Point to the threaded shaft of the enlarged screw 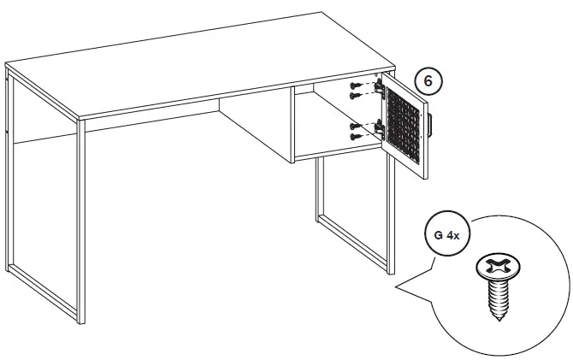tap(497, 299)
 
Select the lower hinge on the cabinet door tap(376, 129)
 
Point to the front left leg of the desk tap(80, 222)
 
